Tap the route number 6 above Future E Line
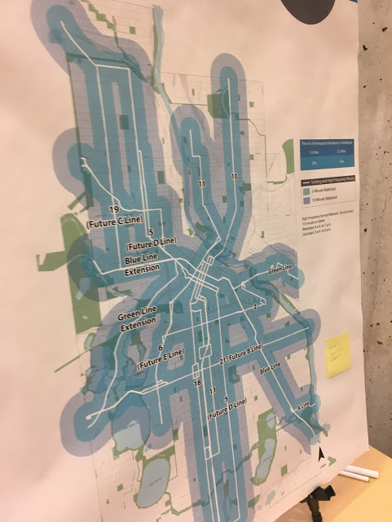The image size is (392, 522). [x=161, y=348]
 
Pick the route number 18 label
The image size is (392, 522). [x=196, y=383]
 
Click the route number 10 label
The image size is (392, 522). [x=233, y=177]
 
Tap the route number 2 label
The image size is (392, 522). [x=254, y=308]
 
